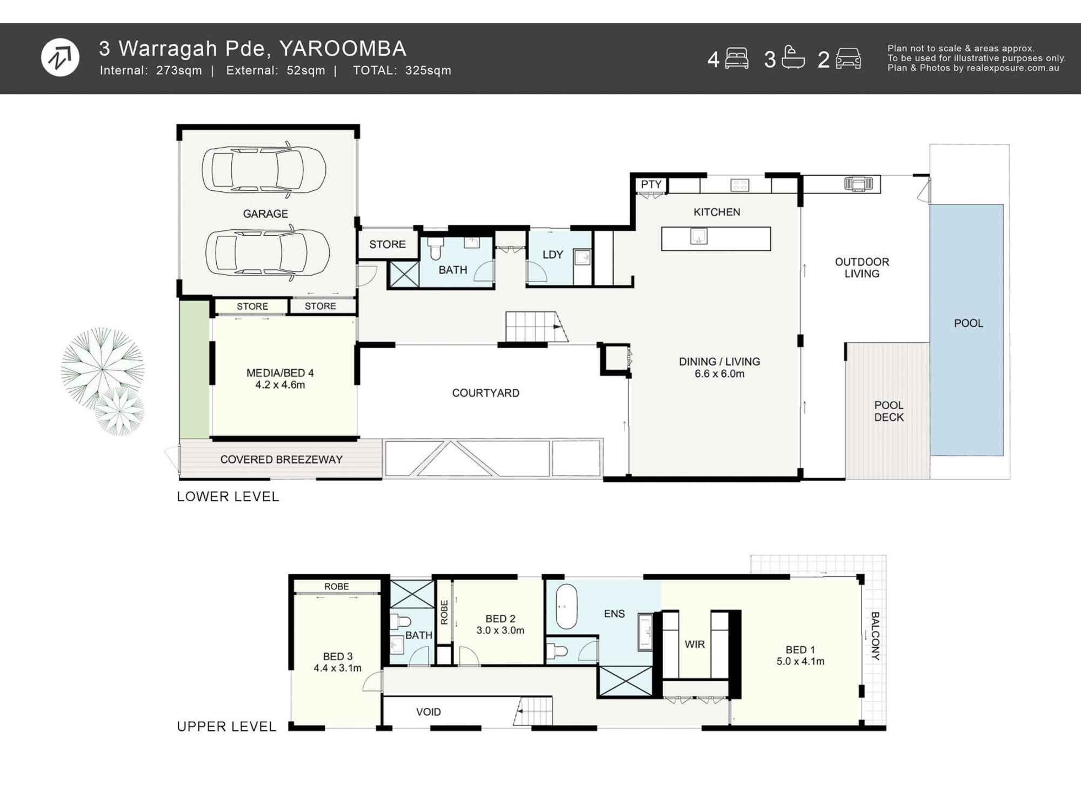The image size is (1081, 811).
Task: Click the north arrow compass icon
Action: click(60, 57)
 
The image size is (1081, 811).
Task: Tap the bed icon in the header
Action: click(736, 58)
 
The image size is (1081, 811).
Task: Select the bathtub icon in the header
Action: click(793, 57)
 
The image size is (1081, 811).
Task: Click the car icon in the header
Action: click(848, 58)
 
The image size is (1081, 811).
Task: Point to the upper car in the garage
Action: click(264, 169)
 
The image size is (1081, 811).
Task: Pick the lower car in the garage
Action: click(267, 252)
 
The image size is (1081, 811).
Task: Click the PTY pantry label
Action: click(651, 184)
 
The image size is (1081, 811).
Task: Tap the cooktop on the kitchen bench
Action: click(739, 185)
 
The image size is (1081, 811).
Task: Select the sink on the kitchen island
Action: click(699, 236)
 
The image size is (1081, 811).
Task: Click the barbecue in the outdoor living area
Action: click(858, 184)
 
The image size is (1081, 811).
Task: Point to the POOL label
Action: click(968, 323)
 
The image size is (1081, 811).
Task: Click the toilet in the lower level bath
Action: click(436, 248)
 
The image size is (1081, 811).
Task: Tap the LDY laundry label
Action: click(552, 255)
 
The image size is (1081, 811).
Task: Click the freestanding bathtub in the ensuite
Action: click(566, 606)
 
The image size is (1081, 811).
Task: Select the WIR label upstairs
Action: click(695, 644)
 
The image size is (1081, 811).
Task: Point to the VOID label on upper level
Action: click(428, 712)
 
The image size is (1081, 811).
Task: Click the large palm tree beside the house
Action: click(102, 369)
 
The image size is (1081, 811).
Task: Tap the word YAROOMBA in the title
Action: click(343, 49)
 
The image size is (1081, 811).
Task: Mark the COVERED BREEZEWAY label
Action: click(281, 460)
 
